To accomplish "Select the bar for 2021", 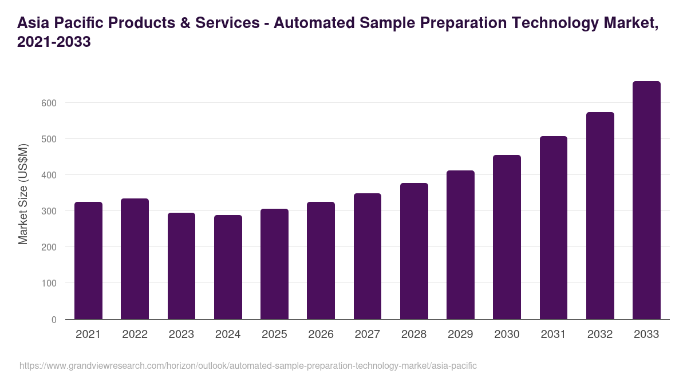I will tap(88, 261).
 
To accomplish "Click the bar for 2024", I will tap(228, 267).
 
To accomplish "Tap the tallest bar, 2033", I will tap(646, 200).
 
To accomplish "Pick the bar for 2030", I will tap(507, 237).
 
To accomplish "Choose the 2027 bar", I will tap(368, 256).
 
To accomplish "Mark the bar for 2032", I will tap(600, 216).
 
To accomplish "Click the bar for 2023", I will tap(181, 266).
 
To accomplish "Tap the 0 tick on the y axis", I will tap(54, 320).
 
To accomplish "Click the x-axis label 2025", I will tap(274, 335).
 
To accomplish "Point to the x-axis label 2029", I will tap(460, 335).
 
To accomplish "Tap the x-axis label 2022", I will tap(135, 335).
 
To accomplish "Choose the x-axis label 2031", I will tap(554, 335).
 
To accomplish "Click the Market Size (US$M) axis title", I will tap(23, 194).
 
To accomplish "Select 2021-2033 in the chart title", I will tap(54, 42).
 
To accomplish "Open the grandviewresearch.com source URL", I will tap(248, 365).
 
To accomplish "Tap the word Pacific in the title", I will tap(82, 23).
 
